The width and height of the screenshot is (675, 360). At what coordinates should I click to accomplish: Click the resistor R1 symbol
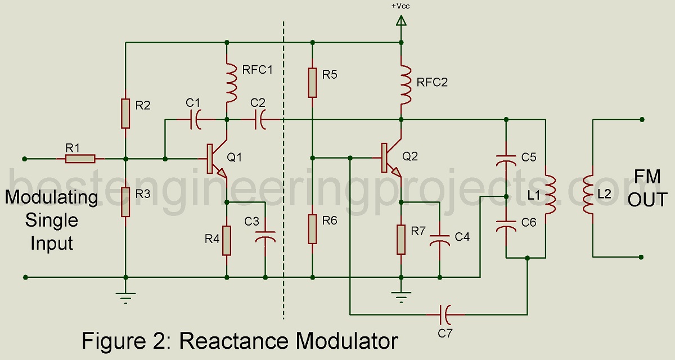[x=80, y=159]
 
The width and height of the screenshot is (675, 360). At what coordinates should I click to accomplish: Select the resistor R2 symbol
[x=125, y=112]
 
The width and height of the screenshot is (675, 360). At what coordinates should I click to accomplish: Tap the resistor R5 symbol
[x=312, y=82]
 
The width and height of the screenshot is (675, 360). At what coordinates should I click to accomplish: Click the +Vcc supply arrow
[x=401, y=21]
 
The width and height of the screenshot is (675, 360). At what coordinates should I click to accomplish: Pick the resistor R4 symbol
[x=227, y=240]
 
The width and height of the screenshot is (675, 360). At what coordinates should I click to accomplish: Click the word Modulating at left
[x=52, y=197]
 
